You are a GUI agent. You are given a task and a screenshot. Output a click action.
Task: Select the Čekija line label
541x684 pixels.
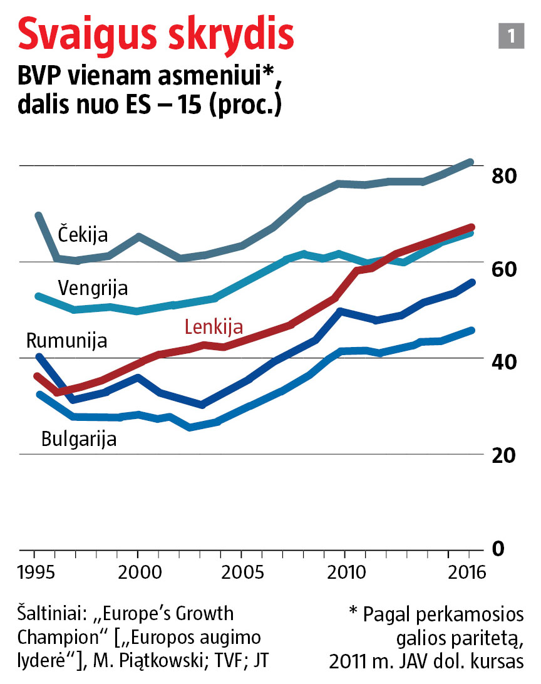pos(83,234)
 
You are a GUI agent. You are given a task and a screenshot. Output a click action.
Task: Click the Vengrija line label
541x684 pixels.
pos(93,288)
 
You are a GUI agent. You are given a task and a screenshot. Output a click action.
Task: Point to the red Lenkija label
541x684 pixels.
pos(214,326)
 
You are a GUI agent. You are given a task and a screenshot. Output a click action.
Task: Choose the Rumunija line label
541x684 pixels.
pos(66,341)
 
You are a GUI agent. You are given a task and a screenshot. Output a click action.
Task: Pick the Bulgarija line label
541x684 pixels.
pos(79,438)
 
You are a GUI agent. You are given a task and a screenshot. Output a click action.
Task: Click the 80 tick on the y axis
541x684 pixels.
pos(503,176)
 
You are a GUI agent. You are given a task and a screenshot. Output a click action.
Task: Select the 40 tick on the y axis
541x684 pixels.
pos(503,362)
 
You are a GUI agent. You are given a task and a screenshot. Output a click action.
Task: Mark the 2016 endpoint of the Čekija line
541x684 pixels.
pos(471,162)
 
